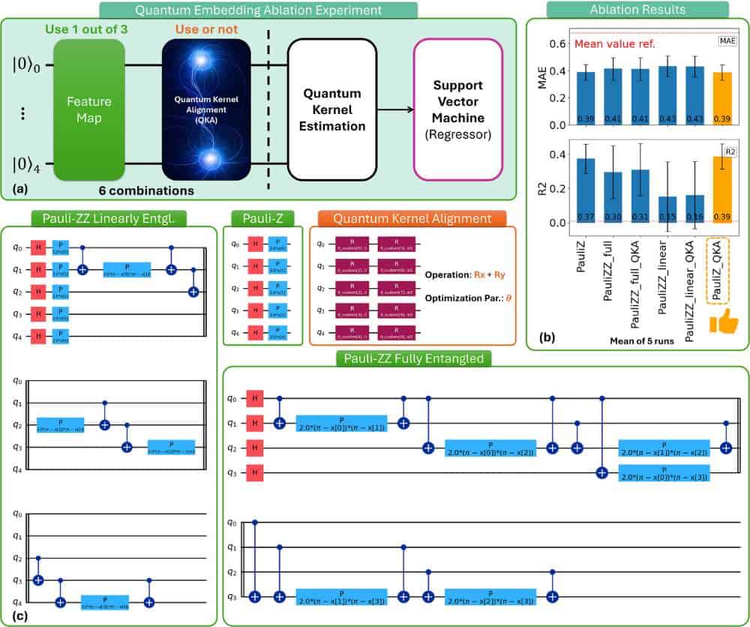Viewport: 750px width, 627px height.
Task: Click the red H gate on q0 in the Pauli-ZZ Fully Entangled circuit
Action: coord(256,397)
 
